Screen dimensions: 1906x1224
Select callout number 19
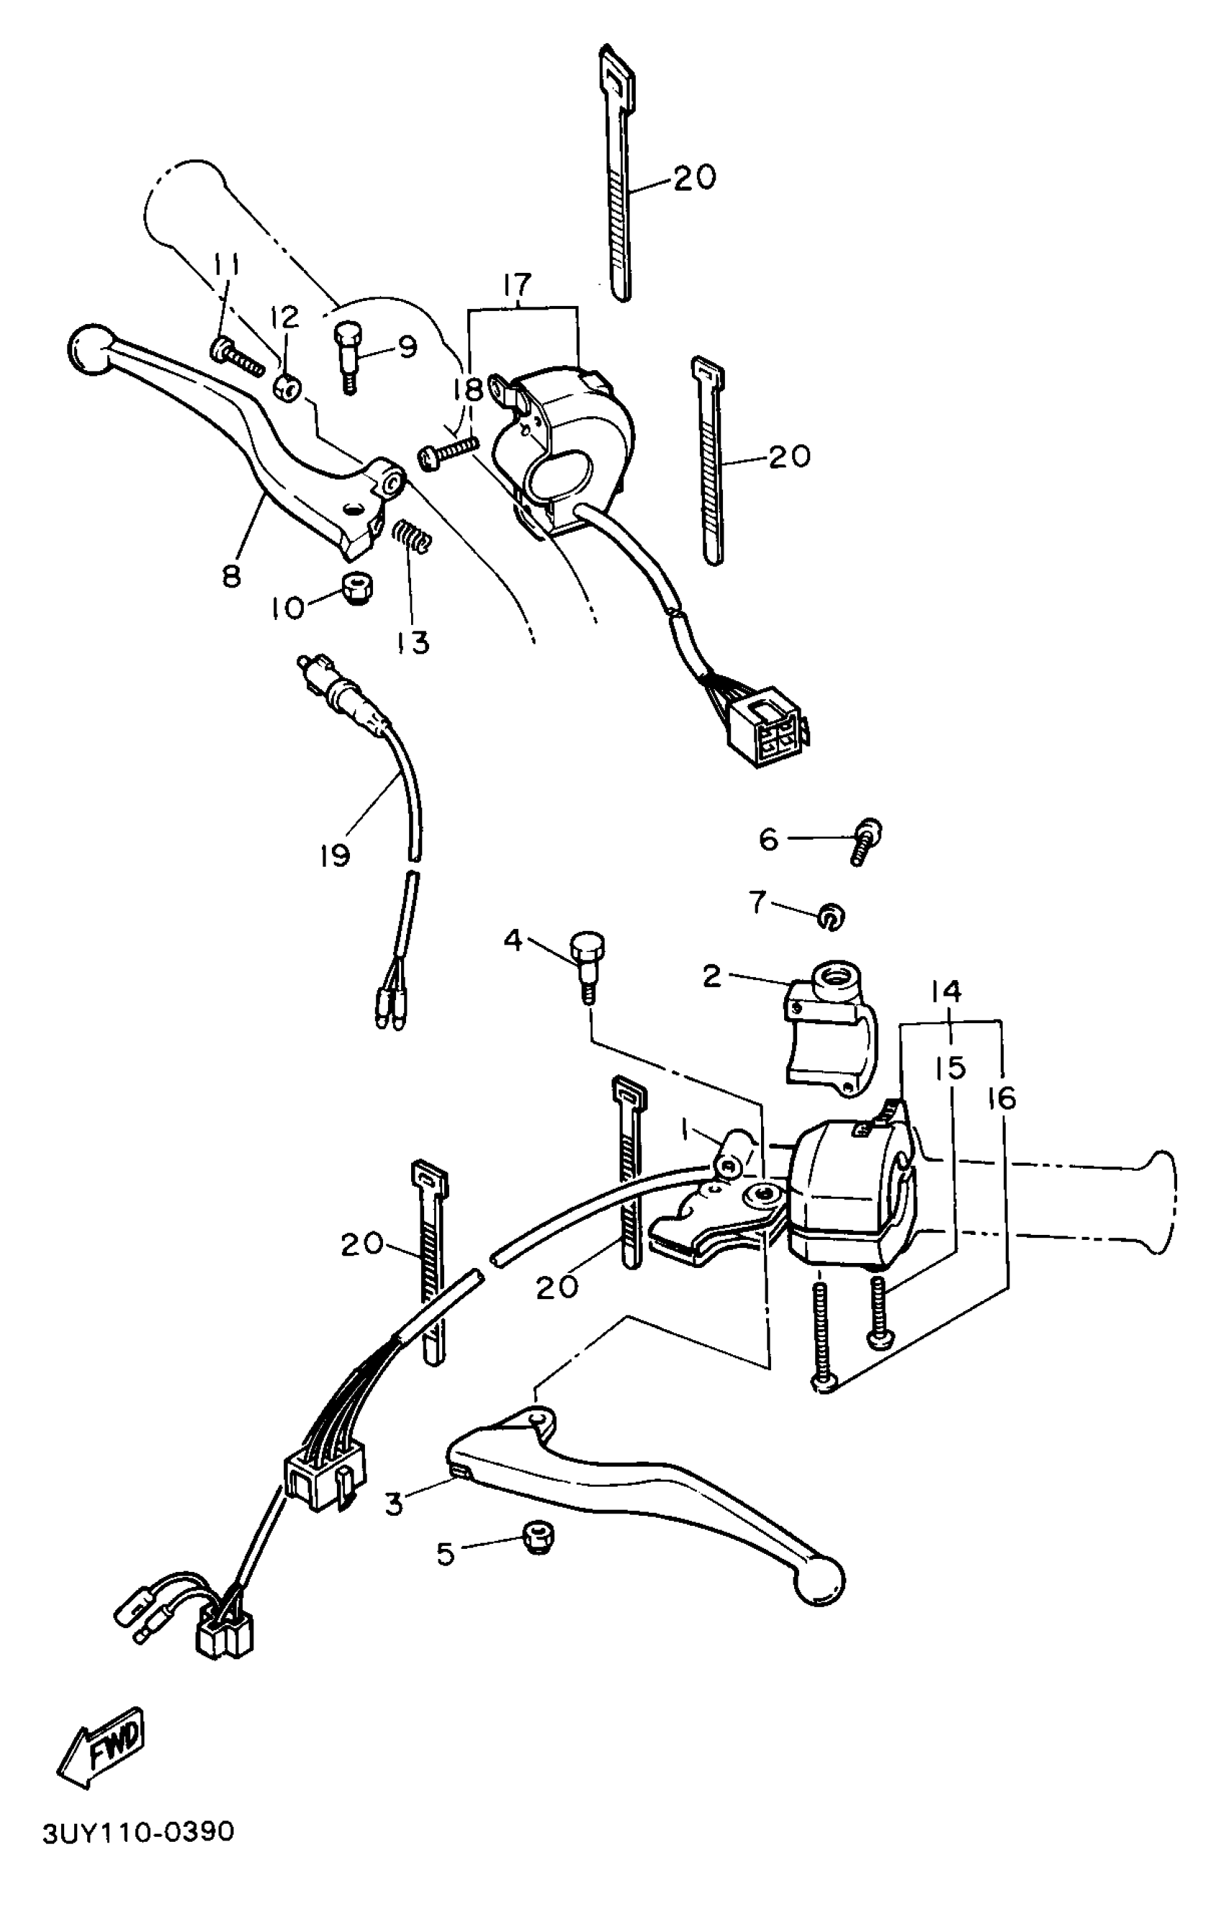(335, 856)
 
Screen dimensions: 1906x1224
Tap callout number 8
(231, 575)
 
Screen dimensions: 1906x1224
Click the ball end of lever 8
(89, 351)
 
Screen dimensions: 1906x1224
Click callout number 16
(1002, 1099)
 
